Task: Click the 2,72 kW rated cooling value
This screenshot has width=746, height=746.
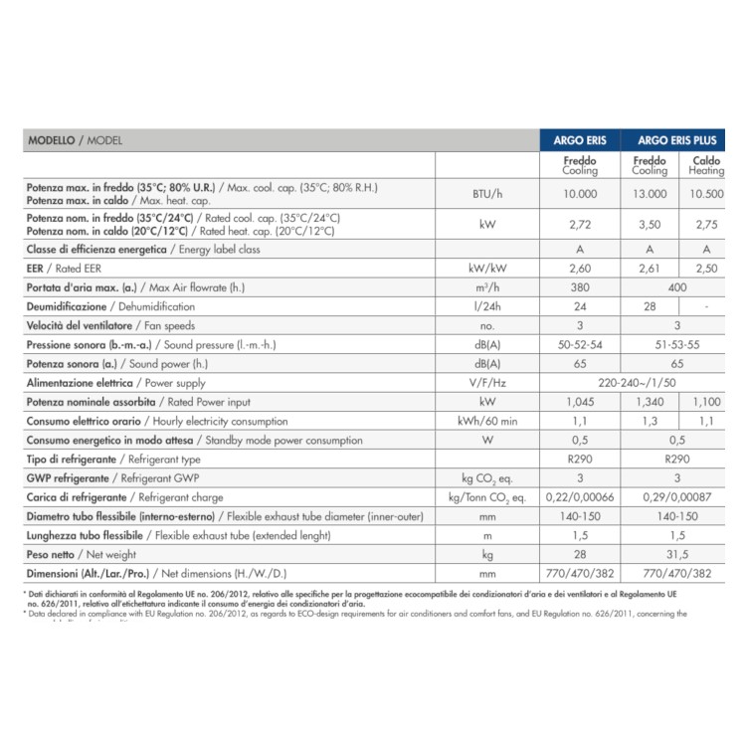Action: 580,225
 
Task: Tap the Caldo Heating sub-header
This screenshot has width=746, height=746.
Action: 706,164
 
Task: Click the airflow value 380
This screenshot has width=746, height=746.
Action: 580,287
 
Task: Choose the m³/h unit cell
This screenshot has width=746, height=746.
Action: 486,287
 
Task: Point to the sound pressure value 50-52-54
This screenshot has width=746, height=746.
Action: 580,344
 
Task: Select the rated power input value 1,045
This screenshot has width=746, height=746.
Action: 580,402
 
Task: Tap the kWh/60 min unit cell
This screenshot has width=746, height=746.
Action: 486,421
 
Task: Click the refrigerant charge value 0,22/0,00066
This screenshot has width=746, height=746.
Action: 580,496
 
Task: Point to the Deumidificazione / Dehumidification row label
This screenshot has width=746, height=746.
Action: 110,306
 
